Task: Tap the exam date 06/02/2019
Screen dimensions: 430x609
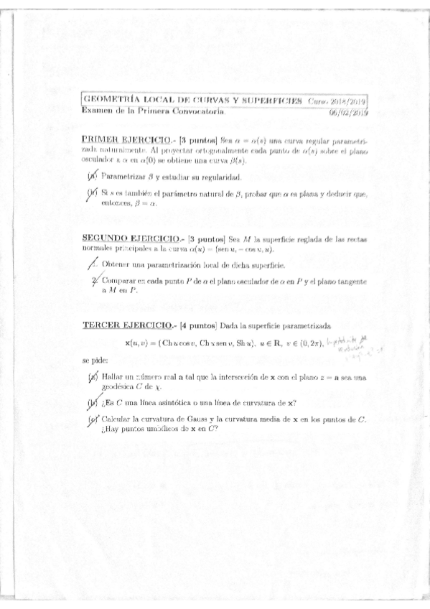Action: coord(348,113)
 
